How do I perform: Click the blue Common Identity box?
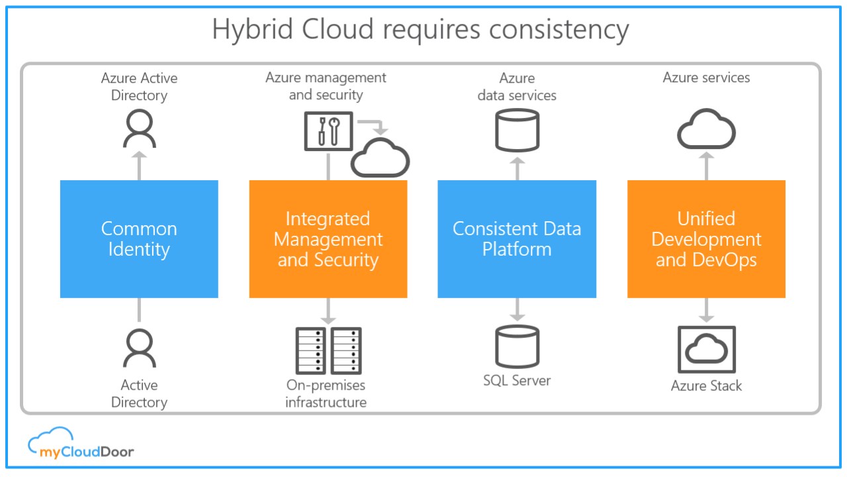click(x=139, y=238)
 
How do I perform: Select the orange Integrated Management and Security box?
click(x=328, y=238)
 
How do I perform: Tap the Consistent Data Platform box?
click(x=517, y=238)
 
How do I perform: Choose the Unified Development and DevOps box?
click(x=706, y=238)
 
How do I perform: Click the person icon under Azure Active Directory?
click(x=139, y=129)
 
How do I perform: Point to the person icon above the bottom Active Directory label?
click(x=139, y=348)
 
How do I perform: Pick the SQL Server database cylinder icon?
click(x=517, y=347)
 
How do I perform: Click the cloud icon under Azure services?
click(x=706, y=129)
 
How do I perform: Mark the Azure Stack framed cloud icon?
click(x=707, y=348)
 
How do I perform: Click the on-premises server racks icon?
click(x=328, y=350)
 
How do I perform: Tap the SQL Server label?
click(x=517, y=380)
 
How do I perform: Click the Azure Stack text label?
click(x=706, y=386)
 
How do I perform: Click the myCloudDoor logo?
click(x=81, y=443)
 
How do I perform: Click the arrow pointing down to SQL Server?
click(x=517, y=310)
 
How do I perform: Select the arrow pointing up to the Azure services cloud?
click(x=706, y=165)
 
